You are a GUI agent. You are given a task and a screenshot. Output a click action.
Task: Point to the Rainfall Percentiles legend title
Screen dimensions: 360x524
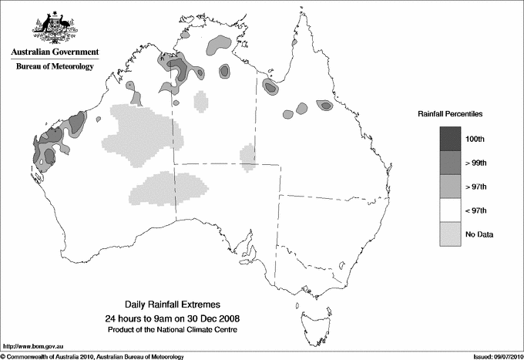coord(450,113)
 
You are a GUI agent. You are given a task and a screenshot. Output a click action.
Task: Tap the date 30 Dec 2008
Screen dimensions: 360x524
coord(207,318)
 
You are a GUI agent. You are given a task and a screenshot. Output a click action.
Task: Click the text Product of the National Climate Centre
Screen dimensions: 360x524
coord(172,329)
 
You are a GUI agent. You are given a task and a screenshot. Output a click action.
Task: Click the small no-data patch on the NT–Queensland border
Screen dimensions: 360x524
coord(248,156)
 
